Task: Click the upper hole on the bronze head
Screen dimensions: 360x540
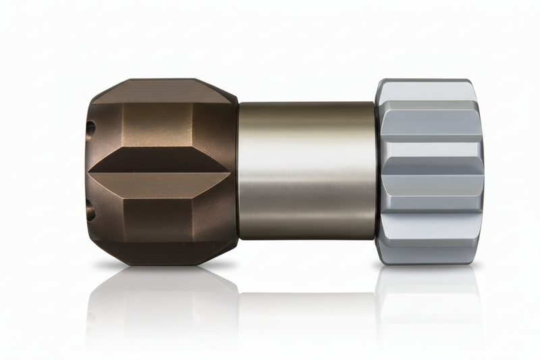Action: tap(91, 126)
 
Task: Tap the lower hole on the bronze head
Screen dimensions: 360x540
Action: tap(91, 212)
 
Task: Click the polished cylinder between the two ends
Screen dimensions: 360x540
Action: tap(307, 203)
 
